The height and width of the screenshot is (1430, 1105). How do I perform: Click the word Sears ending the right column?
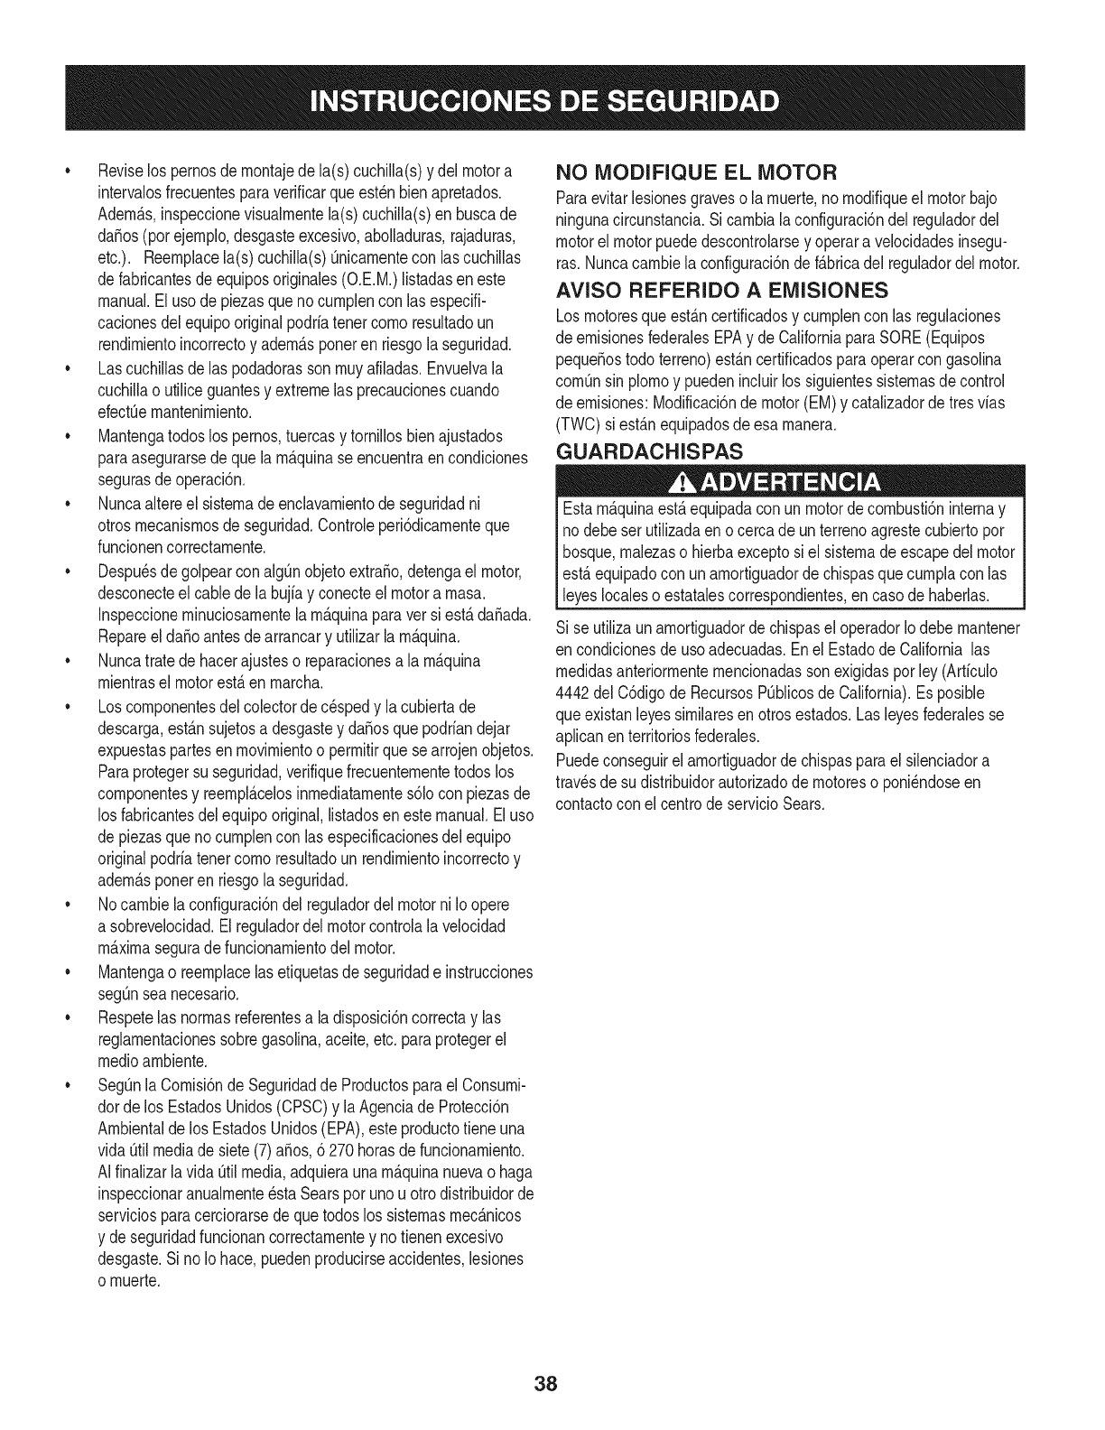click(x=805, y=803)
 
